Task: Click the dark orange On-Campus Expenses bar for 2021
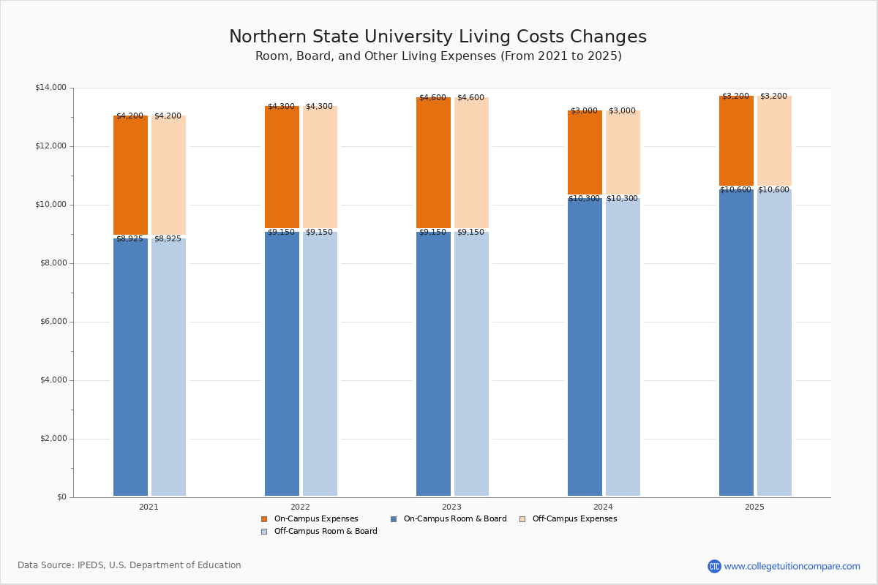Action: pos(130,175)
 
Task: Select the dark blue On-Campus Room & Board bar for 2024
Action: pos(585,347)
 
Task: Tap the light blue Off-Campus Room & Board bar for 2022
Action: pos(320,363)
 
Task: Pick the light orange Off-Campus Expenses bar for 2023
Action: pos(471,162)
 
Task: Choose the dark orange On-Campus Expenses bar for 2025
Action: pos(736,140)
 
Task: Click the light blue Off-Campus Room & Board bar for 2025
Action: pos(774,342)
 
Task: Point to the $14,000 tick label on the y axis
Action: pos(50,88)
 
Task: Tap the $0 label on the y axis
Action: pos(61,497)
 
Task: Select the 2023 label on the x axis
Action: pos(451,507)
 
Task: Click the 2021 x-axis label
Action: pos(149,507)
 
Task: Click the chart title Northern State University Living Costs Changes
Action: pos(438,37)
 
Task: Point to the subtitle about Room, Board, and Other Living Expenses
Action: pos(438,56)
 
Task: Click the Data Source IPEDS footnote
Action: pos(130,565)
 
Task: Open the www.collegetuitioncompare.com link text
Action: pos(792,566)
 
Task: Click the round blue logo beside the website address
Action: pos(714,566)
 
